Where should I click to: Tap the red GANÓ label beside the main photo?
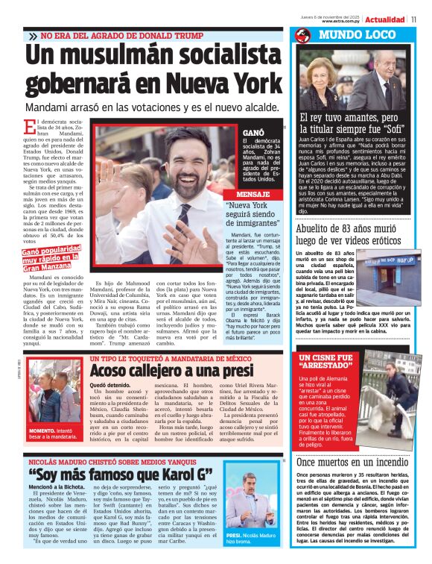253,131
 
